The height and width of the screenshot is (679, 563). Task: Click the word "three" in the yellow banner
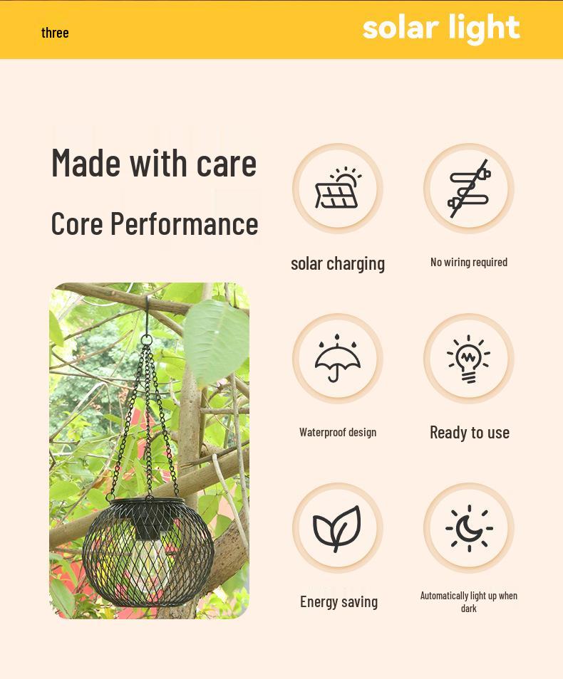click(55, 33)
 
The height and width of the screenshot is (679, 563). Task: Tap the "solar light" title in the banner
click(441, 28)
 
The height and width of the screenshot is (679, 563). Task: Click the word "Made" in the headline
click(86, 162)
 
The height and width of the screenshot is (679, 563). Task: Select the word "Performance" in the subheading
click(184, 223)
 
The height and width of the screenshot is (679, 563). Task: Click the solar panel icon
click(338, 189)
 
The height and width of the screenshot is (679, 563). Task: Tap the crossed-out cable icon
click(469, 189)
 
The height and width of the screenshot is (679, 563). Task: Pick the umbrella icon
click(338, 358)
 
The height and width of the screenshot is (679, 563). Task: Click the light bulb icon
click(469, 358)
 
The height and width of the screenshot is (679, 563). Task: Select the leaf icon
click(338, 528)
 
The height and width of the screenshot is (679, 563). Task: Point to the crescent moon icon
click(469, 528)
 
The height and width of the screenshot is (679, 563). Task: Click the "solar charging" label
click(338, 263)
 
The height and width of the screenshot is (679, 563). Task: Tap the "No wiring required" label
click(469, 262)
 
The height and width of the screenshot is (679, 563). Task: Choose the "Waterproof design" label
click(338, 432)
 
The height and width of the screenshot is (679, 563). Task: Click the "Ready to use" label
click(470, 432)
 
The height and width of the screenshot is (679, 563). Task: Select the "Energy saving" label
click(339, 601)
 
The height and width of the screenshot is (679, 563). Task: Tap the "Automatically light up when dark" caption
click(469, 601)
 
